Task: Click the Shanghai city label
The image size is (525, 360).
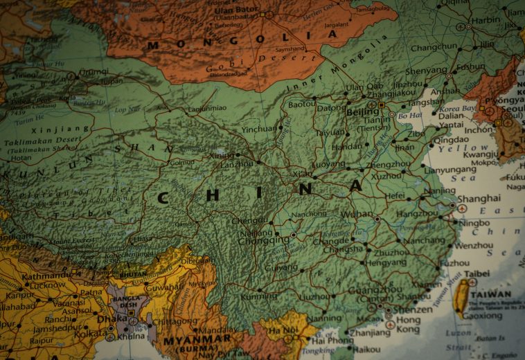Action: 479,198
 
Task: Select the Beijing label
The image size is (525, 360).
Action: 362,111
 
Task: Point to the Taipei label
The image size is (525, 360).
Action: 477,273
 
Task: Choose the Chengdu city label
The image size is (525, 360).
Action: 248,221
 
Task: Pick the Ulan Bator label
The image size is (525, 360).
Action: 235,10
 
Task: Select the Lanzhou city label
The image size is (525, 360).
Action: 238,164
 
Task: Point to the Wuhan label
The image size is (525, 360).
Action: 357,215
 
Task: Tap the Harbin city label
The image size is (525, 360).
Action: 486,20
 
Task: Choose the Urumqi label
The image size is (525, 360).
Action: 94,71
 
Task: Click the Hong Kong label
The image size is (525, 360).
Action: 408,325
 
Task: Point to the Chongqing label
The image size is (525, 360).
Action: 265,240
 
